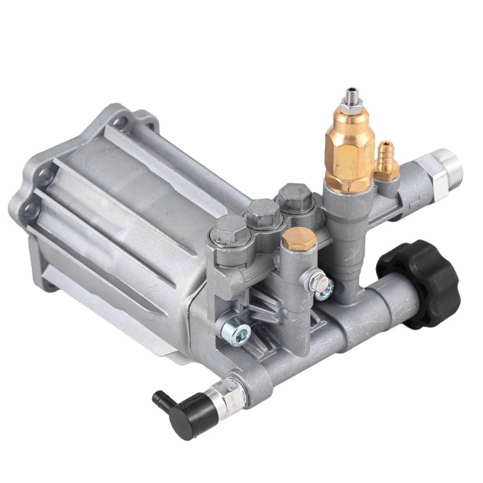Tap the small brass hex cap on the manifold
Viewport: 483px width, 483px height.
[299, 240]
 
